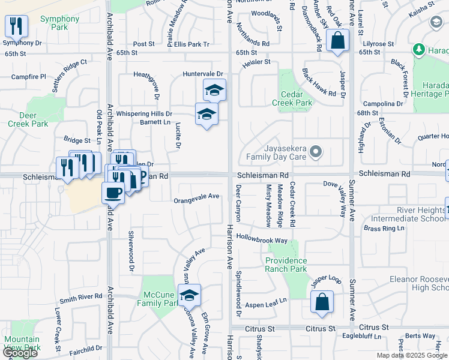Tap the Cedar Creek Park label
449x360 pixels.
296,99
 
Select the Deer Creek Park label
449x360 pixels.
28,120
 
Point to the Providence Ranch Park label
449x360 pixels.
286,265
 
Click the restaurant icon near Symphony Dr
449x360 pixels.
16,26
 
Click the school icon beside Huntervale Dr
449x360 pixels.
214,90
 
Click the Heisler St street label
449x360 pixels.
256,61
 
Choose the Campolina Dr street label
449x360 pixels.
382,104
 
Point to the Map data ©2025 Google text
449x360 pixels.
412,355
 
